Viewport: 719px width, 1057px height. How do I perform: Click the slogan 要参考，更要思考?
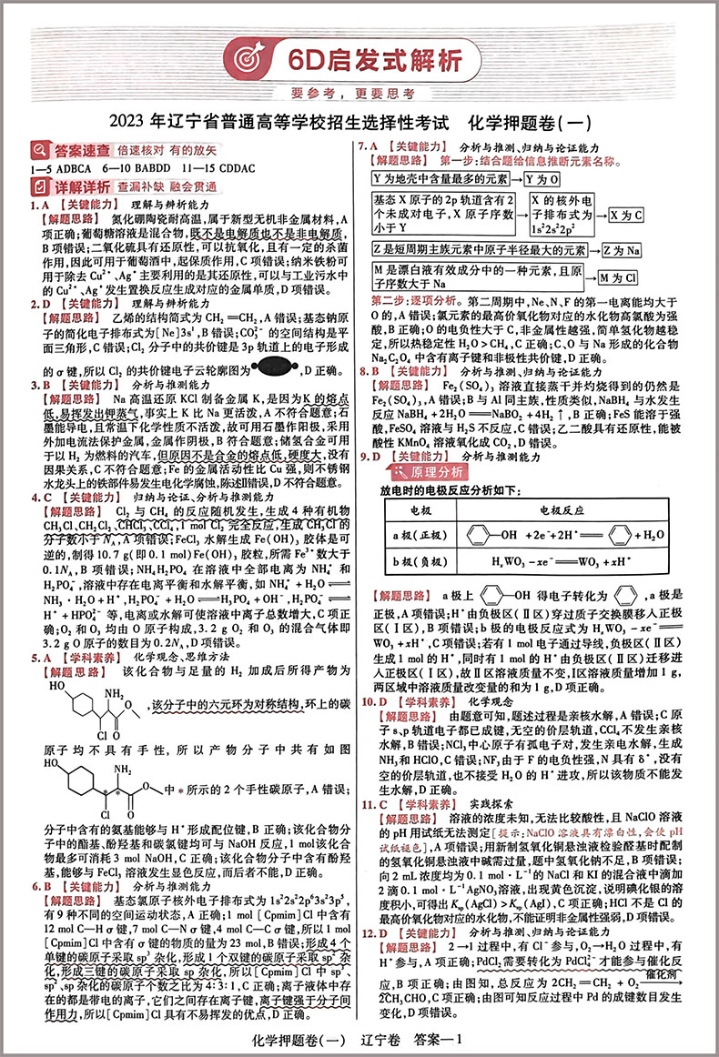coord(359,93)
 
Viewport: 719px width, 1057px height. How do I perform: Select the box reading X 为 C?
coord(625,216)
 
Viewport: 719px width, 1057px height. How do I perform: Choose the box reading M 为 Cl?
coord(619,277)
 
